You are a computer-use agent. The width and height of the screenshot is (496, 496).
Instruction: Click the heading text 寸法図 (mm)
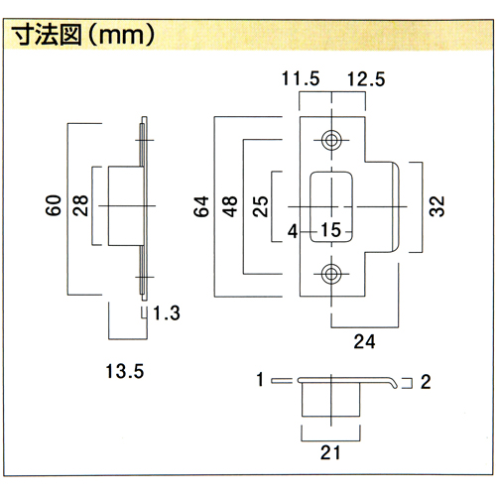point(82,35)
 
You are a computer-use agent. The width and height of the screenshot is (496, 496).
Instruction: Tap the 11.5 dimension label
point(301,78)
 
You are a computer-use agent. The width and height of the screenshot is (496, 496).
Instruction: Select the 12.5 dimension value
point(366,79)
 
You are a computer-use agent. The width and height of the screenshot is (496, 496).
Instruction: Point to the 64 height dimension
point(201,206)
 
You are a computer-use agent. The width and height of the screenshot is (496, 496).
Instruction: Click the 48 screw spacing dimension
point(230,206)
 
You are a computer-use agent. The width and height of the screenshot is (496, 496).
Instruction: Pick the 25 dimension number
point(260,206)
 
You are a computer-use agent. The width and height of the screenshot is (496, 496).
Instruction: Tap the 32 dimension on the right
point(436,206)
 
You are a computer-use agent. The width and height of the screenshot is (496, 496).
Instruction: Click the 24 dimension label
point(364,341)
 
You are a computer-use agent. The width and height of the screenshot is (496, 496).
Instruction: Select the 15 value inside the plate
point(330,230)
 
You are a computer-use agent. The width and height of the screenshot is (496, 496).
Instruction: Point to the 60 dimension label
point(54,205)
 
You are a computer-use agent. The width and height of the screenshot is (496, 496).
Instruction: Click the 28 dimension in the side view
point(80,205)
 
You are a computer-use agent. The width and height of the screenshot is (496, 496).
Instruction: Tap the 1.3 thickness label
point(167,313)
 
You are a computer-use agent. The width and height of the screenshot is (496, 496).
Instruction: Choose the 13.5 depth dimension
point(125,371)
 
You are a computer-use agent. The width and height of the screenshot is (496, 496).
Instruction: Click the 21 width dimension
point(330,452)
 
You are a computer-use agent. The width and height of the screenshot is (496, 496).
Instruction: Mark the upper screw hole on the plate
point(331,140)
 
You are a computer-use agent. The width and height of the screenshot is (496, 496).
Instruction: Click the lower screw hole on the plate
point(331,274)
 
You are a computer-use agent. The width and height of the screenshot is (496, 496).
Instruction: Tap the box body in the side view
point(126,206)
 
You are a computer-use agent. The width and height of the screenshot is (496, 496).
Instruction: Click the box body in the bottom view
point(330,400)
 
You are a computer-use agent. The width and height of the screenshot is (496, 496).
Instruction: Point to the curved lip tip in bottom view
point(394,385)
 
